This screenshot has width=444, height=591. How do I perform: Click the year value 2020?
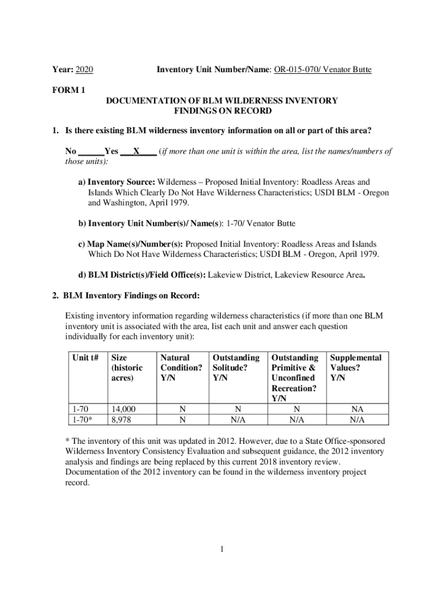tap(84, 70)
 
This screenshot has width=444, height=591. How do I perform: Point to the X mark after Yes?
tap(136, 151)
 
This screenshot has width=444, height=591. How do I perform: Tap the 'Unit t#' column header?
tap(84, 358)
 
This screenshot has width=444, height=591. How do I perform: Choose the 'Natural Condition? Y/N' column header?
tap(182, 368)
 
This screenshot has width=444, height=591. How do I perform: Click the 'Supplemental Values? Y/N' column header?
tap(356, 368)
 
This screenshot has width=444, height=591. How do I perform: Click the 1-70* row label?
tap(82, 419)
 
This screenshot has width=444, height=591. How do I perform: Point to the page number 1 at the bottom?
tap(221, 548)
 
